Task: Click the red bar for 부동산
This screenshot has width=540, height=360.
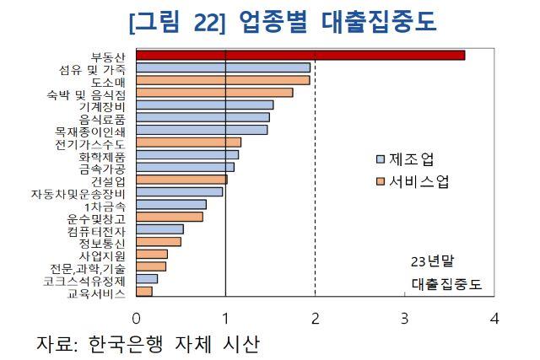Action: (300, 56)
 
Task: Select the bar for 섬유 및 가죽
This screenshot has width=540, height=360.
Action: (223, 67)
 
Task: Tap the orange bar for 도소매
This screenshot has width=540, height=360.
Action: (223, 80)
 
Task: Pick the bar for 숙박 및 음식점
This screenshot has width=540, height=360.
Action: (214, 93)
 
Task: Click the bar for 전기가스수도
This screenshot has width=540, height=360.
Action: (188, 142)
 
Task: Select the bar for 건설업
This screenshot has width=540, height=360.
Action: (181, 180)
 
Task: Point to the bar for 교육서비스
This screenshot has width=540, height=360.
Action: (144, 292)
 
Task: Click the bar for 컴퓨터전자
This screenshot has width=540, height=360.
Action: (159, 229)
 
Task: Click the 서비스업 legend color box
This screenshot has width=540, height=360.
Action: (380, 181)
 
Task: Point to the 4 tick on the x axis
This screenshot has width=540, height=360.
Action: (494, 319)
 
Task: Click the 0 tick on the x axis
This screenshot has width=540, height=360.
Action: (136, 319)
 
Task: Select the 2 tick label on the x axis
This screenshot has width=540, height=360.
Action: (315, 319)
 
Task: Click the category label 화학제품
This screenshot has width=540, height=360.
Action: (102, 155)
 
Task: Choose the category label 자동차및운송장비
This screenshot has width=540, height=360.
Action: (78, 192)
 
